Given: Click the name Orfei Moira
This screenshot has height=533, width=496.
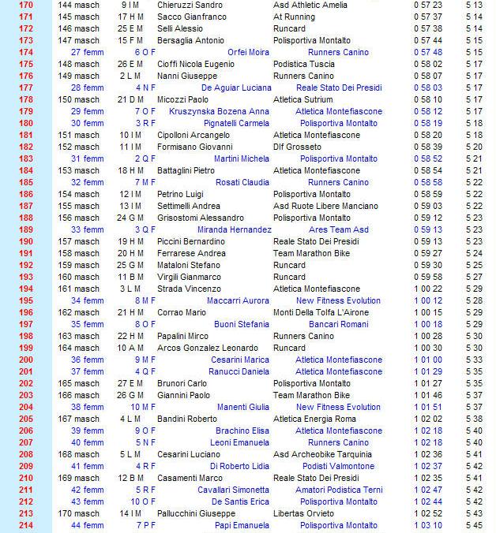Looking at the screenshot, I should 248,52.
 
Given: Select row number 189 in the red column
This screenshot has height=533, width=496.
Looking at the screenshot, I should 26,229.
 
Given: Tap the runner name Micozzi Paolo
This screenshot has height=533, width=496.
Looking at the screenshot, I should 182,99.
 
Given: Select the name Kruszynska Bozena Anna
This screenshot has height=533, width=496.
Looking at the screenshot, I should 220,111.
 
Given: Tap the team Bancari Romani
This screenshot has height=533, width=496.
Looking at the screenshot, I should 338,324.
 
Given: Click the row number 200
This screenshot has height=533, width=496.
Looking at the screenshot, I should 26,360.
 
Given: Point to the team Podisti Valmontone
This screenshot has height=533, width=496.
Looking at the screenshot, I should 338,466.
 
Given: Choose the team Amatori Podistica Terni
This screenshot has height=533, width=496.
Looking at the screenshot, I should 338,490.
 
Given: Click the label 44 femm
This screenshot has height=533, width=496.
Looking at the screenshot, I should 87,525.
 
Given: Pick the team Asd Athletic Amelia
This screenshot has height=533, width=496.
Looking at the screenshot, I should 310,5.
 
